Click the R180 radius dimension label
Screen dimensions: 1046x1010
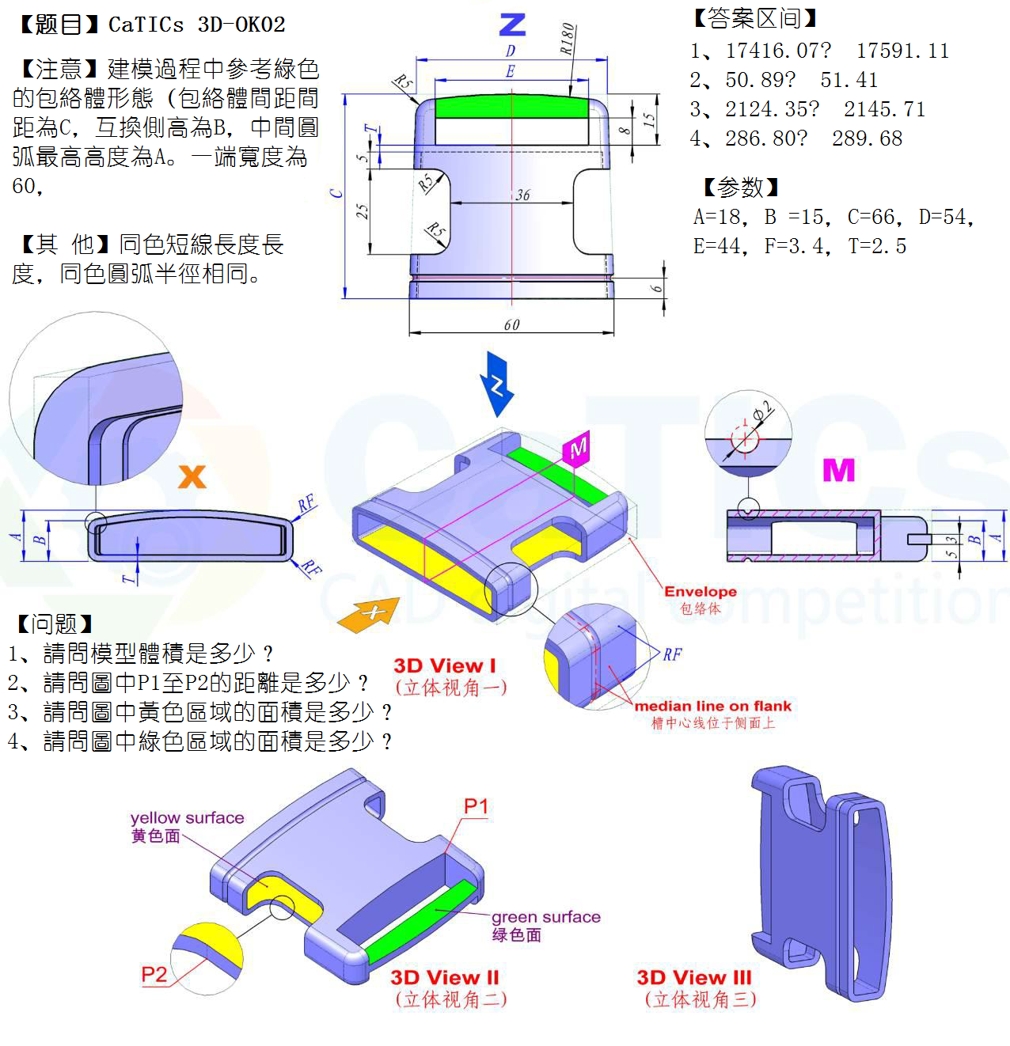click(x=567, y=38)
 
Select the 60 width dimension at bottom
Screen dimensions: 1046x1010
click(x=511, y=324)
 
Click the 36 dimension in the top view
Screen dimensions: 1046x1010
click(x=522, y=195)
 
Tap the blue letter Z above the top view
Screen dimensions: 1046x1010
click(x=512, y=25)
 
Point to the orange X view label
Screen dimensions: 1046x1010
click(x=192, y=476)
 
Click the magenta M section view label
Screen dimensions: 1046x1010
click(x=838, y=470)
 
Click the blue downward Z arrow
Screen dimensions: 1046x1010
click(x=497, y=385)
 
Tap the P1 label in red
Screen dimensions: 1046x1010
click(x=476, y=806)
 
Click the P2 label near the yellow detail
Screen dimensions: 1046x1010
click(x=154, y=974)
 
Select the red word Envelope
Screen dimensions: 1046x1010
click(x=700, y=591)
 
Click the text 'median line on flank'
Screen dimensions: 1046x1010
click(x=712, y=706)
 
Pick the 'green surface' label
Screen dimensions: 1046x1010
click(x=545, y=917)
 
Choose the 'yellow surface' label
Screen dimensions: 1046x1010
click(x=187, y=817)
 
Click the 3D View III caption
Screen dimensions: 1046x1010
click(x=693, y=977)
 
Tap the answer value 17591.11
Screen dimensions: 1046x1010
click(x=902, y=51)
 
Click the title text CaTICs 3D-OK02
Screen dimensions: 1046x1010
click(x=196, y=25)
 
